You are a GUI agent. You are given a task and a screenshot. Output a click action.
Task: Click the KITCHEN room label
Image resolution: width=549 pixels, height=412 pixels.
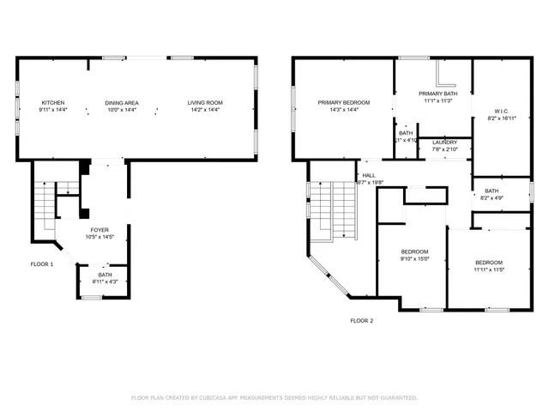coord(52,103)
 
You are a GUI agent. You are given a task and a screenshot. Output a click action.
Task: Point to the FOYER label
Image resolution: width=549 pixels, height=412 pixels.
coord(100,231)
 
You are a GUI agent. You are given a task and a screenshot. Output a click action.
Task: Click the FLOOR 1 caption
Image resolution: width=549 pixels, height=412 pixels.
coord(41,264)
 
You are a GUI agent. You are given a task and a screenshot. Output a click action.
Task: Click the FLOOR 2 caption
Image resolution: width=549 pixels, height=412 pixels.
coord(361,320)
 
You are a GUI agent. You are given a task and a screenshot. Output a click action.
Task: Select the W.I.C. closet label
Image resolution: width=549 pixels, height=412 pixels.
coord(503,110)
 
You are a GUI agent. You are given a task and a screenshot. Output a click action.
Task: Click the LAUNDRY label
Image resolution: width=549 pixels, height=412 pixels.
coord(444,142)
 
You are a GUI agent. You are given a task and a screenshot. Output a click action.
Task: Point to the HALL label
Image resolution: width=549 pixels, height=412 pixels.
coord(369,175)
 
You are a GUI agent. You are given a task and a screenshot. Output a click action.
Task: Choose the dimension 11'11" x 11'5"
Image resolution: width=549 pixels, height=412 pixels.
coord(489,270)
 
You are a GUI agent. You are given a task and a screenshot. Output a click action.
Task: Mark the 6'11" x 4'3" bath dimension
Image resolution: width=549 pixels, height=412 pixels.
coord(93,282)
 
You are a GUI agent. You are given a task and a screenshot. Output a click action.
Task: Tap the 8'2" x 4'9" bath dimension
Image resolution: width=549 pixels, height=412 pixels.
coord(492,197)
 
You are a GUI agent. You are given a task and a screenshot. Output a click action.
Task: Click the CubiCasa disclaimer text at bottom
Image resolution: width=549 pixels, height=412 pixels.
coord(274,397)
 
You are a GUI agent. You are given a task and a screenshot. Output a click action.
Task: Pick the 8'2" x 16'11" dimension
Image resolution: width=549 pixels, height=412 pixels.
coord(503,117)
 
